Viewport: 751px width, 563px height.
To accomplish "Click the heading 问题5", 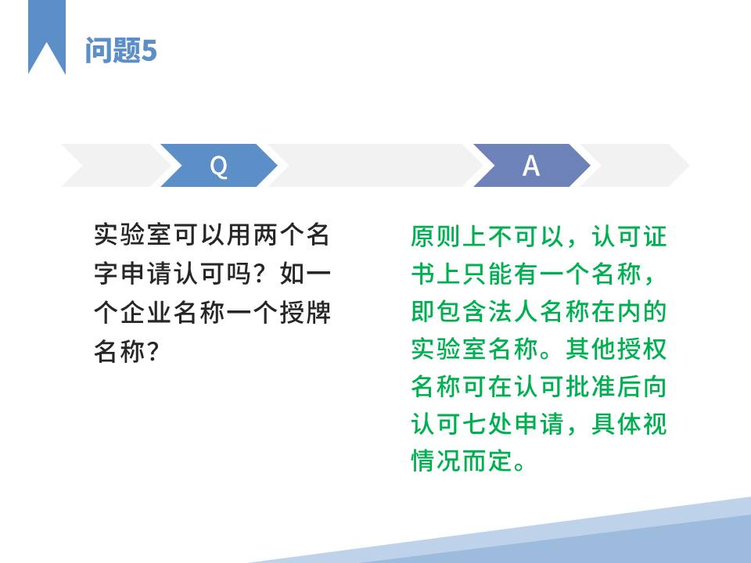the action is pos(120,50).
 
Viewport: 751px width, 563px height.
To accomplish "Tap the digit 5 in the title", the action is pos(149,51).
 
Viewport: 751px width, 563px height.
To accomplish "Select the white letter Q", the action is pos(218,166).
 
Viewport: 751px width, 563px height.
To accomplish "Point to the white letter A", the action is pos(530,166).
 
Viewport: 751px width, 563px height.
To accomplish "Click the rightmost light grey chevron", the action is pos(634,165).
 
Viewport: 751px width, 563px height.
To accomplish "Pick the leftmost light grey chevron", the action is pos(116,165).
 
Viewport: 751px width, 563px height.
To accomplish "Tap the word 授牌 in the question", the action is pos(305,313).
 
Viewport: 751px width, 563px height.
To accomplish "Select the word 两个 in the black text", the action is pos(278,235).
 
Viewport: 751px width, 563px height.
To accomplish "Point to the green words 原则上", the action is pos(450,236).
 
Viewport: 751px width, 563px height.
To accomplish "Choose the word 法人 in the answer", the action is pos(514,312).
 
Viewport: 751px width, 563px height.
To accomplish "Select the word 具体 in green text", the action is pos(616,424).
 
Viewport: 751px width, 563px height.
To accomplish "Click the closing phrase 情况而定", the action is pos(462,461).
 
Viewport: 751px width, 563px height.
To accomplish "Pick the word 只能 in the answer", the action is pos(488,274).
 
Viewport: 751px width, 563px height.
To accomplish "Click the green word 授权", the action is pos(642,349).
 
